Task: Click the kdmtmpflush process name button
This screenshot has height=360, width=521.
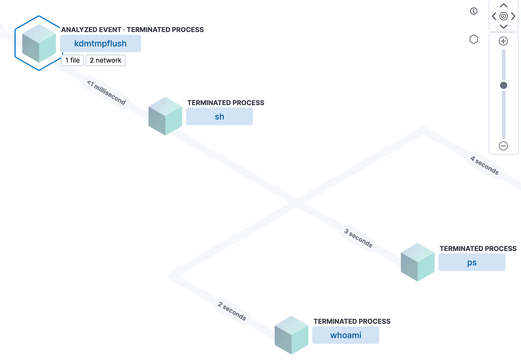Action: (x=100, y=43)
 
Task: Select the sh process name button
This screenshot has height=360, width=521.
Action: (x=220, y=117)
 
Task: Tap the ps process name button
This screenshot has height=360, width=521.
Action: (x=472, y=262)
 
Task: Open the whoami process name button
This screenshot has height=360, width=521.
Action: (x=346, y=335)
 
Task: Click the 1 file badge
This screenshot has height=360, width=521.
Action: (x=73, y=60)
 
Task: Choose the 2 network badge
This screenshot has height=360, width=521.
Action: (x=106, y=60)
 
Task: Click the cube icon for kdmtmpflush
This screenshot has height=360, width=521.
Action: (x=39, y=43)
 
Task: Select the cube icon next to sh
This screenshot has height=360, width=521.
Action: (x=165, y=116)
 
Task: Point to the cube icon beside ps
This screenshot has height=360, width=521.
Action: (x=418, y=262)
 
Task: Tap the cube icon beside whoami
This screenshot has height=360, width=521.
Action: (x=292, y=335)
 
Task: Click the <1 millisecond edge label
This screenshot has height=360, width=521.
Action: (x=106, y=93)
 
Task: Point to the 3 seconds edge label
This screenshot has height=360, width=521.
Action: (x=358, y=238)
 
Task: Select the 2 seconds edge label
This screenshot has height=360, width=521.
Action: (x=232, y=311)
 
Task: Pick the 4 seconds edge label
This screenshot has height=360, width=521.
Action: (x=485, y=165)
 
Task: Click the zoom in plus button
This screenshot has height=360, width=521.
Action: (x=504, y=41)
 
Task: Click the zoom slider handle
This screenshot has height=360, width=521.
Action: (x=504, y=85)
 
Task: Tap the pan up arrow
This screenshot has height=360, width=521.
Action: (x=504, y=5)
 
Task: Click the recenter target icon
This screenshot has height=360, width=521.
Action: (x=504, y=16)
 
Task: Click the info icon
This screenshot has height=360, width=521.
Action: (x=474, y=11)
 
